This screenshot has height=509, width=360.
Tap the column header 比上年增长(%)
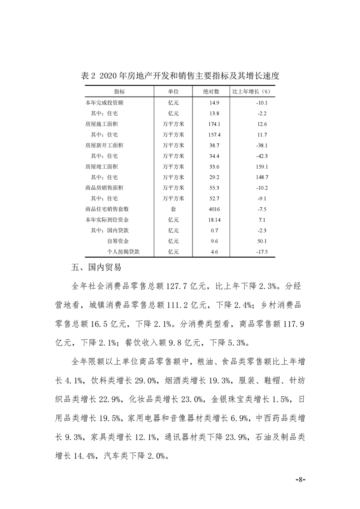tap(252, 91)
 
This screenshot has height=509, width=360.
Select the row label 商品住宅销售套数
tap(107, 209)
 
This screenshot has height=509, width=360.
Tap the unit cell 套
tap(173, 209)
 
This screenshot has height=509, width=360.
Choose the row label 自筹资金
tap(118, 241)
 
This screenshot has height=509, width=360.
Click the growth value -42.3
tap(262, 156)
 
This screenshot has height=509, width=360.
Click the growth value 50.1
tap(262, 241)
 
